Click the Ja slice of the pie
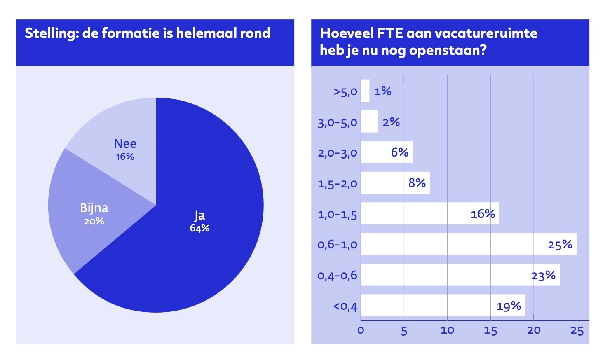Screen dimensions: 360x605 point(206,247)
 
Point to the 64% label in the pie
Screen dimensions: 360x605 point(199,228)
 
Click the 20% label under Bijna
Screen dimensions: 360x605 point(94,221)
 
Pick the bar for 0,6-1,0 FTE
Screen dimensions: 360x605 point(453,244)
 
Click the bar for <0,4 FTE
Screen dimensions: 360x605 point(429,306)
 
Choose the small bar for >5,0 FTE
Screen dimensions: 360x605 point(365,91)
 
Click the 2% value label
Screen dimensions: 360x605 point(391,122)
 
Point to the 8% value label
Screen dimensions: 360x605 point(417,183)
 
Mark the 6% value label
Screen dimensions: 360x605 point(399,152)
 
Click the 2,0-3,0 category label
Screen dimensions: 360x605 point(337,153)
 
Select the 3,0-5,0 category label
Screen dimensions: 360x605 point(337,122)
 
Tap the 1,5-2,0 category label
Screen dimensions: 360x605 point(337,183)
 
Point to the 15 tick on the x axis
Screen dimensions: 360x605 point(490,330)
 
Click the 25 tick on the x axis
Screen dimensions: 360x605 point(577,330)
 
